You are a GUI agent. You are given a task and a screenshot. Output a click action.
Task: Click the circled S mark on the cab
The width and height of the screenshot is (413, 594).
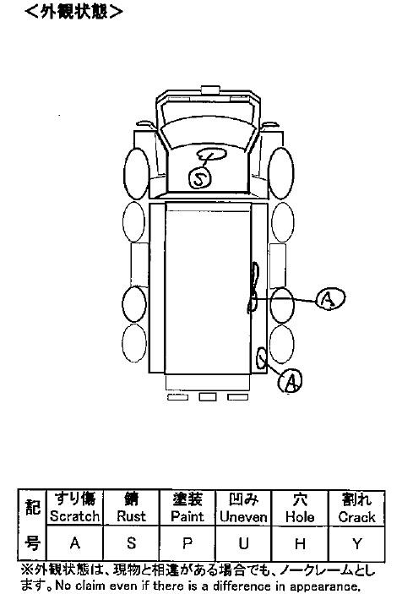200,178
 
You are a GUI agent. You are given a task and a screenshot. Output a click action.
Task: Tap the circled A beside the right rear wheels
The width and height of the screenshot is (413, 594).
330,298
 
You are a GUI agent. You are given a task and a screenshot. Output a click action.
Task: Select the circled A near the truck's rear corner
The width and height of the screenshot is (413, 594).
291,380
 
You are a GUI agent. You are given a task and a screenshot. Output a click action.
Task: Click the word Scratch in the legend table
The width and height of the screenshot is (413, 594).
74,516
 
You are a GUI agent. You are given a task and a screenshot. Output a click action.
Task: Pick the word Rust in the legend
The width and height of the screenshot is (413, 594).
131,516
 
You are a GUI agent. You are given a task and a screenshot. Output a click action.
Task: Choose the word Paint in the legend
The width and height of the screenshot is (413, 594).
187,516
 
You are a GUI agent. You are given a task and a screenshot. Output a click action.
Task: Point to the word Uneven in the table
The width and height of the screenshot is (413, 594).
243,517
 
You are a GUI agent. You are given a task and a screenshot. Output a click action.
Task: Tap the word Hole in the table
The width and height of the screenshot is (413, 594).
300,517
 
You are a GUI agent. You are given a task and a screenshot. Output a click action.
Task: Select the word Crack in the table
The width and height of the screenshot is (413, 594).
356,517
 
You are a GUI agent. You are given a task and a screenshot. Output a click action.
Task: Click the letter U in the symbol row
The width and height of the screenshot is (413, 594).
243,543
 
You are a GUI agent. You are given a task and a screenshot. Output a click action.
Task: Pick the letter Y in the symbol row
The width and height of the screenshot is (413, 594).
356,544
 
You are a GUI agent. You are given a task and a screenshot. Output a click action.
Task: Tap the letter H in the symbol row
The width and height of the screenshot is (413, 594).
300,544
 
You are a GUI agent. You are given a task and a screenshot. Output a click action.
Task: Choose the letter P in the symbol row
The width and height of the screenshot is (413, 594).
187,543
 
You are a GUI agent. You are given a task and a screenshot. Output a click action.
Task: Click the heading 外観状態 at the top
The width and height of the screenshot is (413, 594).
73,11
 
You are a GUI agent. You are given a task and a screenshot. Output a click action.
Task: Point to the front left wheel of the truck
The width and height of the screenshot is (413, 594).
137,173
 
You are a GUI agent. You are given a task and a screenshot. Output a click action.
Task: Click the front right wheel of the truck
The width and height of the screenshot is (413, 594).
281,173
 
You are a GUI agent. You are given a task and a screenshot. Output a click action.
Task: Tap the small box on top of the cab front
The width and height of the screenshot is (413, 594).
210,90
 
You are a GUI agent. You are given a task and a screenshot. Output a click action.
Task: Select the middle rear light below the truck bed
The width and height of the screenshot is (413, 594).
208,396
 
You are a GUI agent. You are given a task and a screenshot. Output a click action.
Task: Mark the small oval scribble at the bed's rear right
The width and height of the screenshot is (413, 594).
262,357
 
